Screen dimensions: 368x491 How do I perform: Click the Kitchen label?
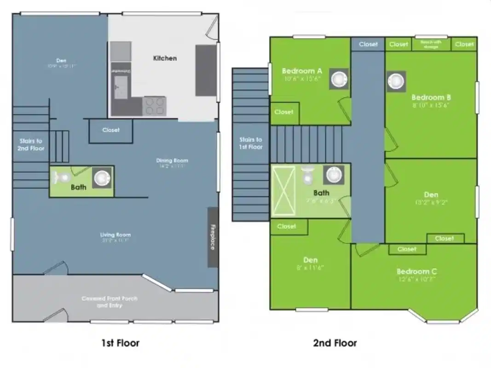[x=165, y=58]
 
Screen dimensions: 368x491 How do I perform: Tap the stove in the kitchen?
[x=155, y=106]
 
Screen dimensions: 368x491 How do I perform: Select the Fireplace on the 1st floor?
[x=213, y=237]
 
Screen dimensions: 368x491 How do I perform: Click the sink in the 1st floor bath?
[x=102, y=177]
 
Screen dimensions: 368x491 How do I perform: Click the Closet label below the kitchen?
[x=111, y=130]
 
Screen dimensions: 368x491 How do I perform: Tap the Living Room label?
[x=115, y=238]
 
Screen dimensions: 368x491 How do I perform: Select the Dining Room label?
[x=172, y=163]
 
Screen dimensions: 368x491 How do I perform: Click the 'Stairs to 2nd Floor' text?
[x=31, y=144]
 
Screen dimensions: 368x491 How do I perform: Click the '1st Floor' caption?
[x=120, y=343]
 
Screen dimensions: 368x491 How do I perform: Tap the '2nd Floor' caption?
[x=335, y=343]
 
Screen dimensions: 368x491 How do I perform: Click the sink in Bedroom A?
[x=340, y=79]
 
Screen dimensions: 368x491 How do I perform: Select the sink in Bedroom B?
[x=396, y=81]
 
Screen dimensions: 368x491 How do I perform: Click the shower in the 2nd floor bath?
[x=283, y=191]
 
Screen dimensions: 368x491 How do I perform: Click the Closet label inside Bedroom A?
[x=284, y=112]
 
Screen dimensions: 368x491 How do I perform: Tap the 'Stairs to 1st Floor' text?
[x=251, y=143]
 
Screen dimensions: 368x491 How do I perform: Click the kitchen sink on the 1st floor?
[x=121, y=86]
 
